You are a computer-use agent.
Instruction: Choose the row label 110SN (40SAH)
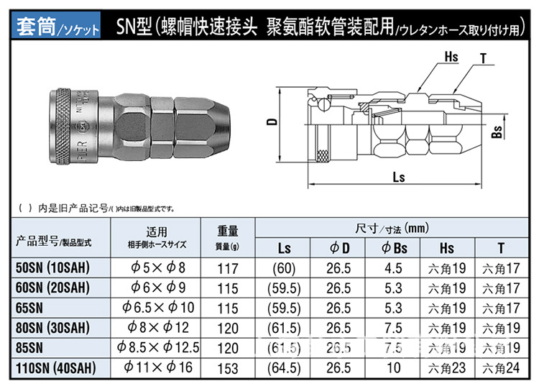56,367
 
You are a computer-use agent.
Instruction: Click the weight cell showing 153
229,367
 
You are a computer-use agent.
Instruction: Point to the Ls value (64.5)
284,367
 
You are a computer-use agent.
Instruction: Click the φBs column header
391,249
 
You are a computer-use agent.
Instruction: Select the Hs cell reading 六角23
447,367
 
